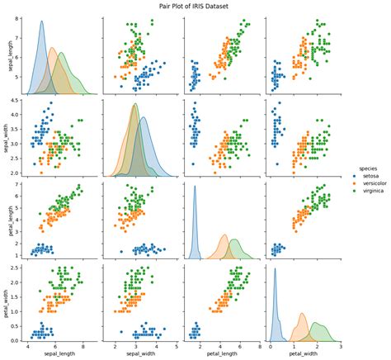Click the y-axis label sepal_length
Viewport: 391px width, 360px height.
tap(10, 54)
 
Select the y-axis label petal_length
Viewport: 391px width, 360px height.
tap(10, 217)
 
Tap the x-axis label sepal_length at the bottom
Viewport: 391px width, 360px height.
tap(56, 354)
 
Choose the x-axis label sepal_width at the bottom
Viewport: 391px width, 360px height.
tap(137, 354)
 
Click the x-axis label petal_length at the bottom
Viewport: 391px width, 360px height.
tap(217, 354)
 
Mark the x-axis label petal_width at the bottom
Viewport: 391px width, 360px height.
tap(299, 354)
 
